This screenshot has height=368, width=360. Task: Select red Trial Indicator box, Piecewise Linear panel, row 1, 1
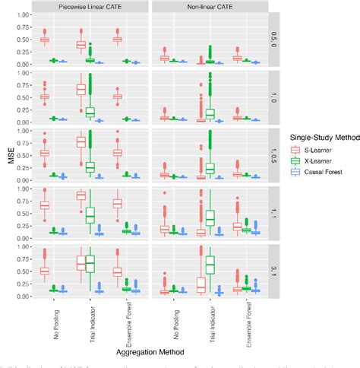point(81,195)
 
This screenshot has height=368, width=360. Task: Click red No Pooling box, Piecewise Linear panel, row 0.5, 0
point(44,40)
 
